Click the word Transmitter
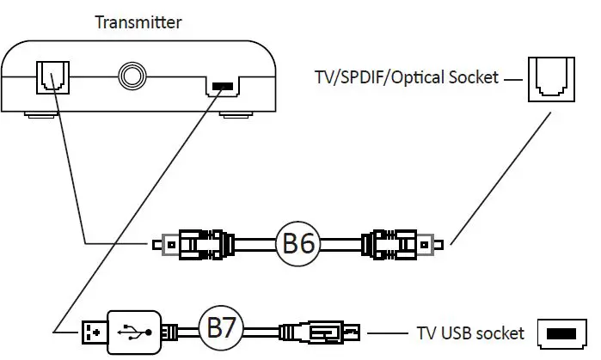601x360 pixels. [138, 22]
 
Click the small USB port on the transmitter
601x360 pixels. [222, 86]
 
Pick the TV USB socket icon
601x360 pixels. [560, 332]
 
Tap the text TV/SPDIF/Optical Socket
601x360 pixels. [407, 78]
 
